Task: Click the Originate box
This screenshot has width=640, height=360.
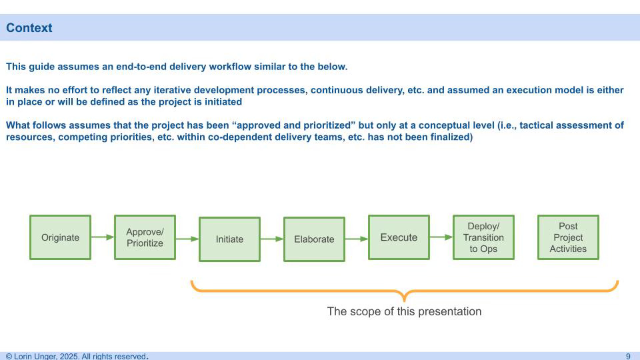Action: coord(60,237)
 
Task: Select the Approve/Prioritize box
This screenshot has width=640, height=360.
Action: coord(145,237)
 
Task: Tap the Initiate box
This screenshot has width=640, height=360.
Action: coord(229,239)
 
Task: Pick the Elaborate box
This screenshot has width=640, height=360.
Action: coord(314,239)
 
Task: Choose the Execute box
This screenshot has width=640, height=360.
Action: coord(399,237)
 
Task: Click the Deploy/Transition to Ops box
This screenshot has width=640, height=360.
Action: coord(483,237)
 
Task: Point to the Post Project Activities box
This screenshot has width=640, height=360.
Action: coord(568,237)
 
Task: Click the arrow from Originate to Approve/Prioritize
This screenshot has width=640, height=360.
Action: coord(102,237)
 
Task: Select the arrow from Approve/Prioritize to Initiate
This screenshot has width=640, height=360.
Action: coord(187,239)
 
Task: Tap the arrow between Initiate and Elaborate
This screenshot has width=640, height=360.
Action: coord(271,239)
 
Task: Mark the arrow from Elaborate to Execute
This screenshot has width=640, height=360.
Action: coord(356,239)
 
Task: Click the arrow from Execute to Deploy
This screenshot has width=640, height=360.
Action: coord(441,237)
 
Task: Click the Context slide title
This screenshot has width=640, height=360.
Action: coord(29,28)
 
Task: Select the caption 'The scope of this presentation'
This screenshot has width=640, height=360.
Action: coord(404,311)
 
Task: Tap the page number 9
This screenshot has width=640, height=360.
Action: coord(628,356)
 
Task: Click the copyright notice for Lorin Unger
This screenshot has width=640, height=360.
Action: coord(76,356)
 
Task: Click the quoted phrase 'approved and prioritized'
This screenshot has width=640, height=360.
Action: coord(294,125)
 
